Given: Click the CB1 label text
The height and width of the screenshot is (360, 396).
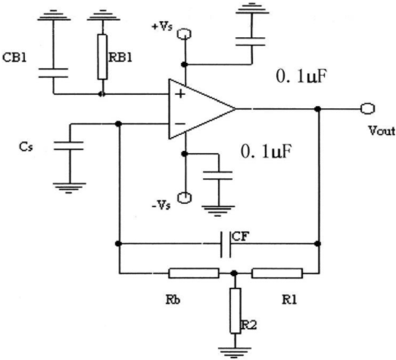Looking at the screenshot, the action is (x=14, y=58).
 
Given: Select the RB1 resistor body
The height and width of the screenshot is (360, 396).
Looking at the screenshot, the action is (x=102, y=57).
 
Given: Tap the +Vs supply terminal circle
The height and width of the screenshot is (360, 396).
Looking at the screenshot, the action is (x=184, y=34).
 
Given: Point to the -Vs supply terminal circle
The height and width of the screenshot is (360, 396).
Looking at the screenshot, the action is (x=185, y=198).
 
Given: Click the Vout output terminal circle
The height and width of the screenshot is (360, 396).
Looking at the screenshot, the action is (x=368, y=108).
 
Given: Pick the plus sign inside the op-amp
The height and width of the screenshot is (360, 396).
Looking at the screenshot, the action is (x=180, y=94).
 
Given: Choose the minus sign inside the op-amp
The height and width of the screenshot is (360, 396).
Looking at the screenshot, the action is (x=180, y=124).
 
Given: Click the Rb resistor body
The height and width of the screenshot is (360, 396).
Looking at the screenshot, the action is (x=194, y=273).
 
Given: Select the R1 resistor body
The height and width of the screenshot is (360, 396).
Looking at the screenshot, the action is (x=277, y=273).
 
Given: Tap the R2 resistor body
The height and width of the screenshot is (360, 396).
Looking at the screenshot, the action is (x=235, y=311).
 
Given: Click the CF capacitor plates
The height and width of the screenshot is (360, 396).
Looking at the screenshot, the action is (x=226, y=244).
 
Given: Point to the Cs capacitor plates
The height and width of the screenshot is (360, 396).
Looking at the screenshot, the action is (x=68, y=146).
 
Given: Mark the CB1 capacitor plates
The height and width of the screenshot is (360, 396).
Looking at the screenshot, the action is (x=53, y=73).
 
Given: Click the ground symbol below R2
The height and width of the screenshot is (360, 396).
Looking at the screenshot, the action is (x=235, y=352).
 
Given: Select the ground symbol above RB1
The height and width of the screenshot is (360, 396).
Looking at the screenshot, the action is (x=103, y=15).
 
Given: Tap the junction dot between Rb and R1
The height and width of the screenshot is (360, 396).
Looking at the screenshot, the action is (x=234, y=273).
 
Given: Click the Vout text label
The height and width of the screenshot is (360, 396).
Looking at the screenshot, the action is (x=382, y=130).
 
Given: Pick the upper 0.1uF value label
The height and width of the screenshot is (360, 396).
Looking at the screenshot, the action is (x=301, y=76).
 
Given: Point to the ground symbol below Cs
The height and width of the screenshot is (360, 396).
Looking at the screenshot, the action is (x=69, y=188).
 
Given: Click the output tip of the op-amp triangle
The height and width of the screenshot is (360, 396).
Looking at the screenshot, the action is (x=235, y=109).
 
